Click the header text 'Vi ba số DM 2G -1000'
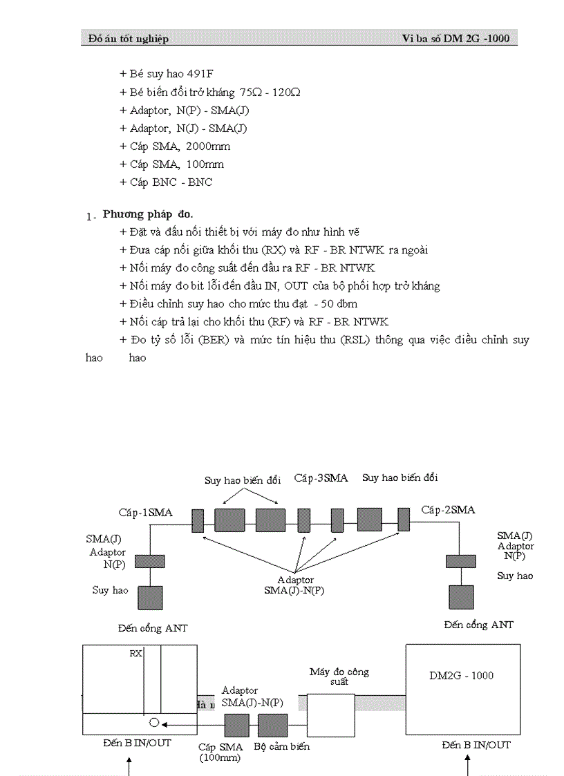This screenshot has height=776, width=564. pos(455,39)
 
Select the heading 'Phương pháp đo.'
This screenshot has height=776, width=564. pos(148,214)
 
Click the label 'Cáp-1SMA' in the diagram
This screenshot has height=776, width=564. pos(146,512)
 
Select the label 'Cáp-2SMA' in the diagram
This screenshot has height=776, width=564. pos(448,510)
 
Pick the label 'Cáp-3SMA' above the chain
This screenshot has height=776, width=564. pos(321,477)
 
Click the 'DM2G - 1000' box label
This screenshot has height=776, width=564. pos(462,675)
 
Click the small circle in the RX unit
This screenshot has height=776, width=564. pos(154,723)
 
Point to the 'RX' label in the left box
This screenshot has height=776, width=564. pos(135,653)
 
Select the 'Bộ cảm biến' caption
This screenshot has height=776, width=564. pos(281,746)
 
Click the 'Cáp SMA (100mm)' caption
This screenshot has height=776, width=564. pos(220,752)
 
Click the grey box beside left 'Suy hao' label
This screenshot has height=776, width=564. pos(150,598)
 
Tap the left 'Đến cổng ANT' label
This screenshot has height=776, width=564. pos(152,628)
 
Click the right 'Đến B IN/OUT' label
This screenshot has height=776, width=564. pos(476,744)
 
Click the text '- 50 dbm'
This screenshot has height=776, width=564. pos(335,303)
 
